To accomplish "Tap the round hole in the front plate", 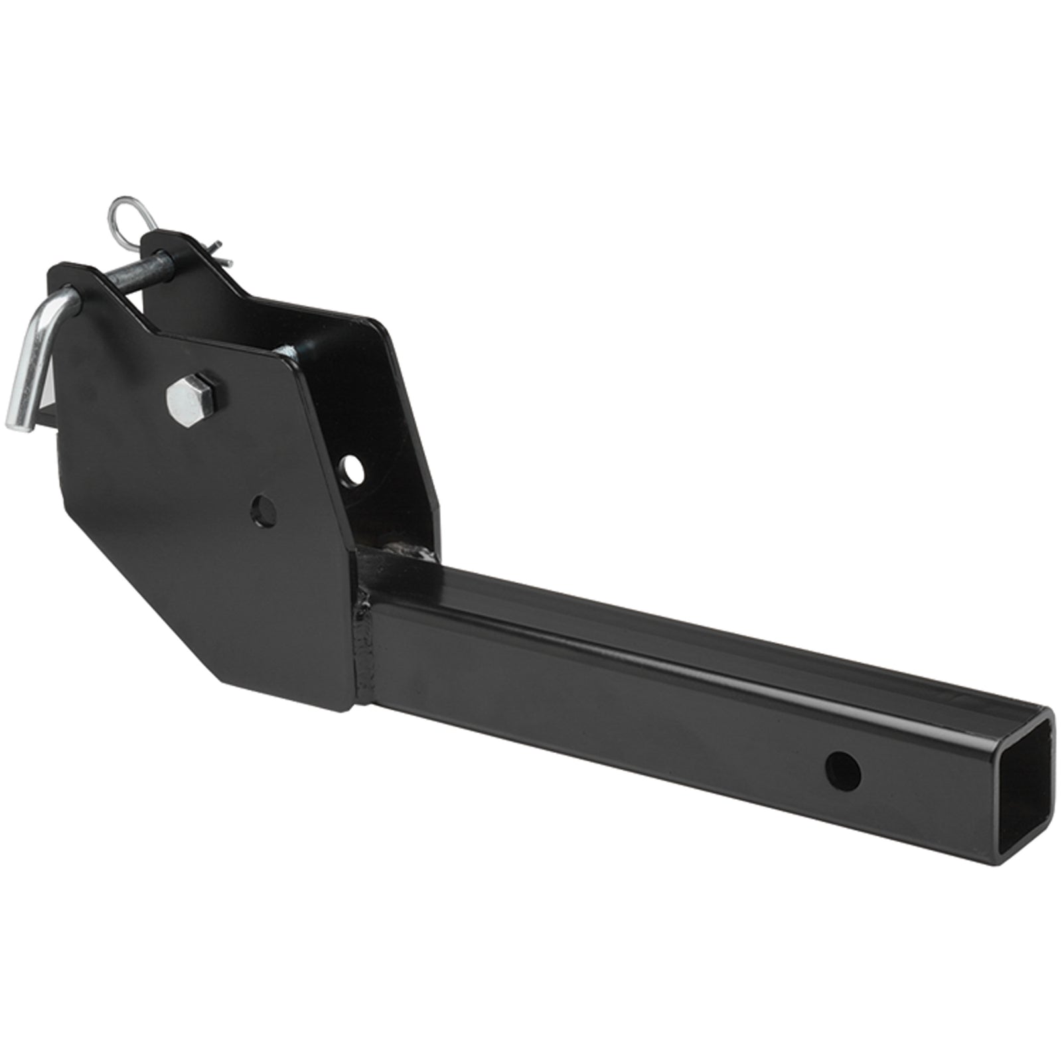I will click(x=265, y=509).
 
